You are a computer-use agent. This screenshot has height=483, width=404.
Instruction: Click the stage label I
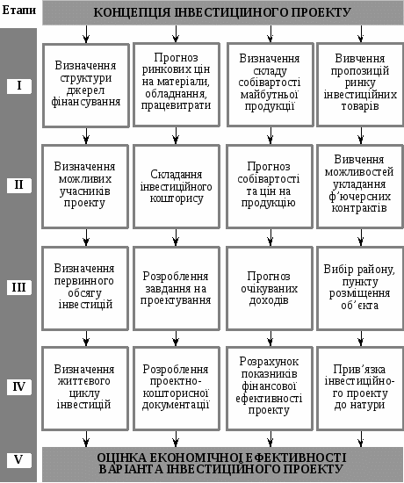pos(19,86)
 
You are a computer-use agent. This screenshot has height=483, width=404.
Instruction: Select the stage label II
pos(19,185)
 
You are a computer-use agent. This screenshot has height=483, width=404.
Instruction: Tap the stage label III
pos(19,287)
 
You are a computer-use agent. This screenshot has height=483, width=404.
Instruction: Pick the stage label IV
pos(19,386)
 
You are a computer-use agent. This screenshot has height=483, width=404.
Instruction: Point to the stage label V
pos(19,460)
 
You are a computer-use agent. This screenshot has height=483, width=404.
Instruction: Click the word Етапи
pos(19,11)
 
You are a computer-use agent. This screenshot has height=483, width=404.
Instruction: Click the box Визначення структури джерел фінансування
pos(86,85)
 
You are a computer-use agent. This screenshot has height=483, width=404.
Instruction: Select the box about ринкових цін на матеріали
pos(177,85)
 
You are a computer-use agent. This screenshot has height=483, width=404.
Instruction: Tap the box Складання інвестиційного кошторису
pos(177,187)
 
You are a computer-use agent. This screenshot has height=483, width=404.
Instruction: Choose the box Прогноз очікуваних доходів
pos(270,288)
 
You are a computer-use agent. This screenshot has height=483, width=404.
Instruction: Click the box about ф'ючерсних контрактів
pos(360,187)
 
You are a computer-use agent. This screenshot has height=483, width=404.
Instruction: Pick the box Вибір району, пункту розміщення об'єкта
pos(360,288)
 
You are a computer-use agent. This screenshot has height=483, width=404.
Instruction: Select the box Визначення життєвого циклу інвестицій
pos(85,388)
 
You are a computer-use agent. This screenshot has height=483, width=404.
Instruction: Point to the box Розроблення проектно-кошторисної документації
pos(177,388)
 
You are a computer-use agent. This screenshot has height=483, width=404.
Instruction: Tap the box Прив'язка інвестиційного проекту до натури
pos(360,388)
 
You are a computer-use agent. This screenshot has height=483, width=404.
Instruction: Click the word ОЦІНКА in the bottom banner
pos(119,458)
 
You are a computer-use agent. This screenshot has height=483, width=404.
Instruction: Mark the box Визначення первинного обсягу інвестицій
pos(85,288)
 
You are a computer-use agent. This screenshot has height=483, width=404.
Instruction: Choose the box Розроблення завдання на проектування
pos(177,288)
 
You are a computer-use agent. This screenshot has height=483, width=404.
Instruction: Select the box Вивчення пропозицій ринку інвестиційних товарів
pos(360,85)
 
